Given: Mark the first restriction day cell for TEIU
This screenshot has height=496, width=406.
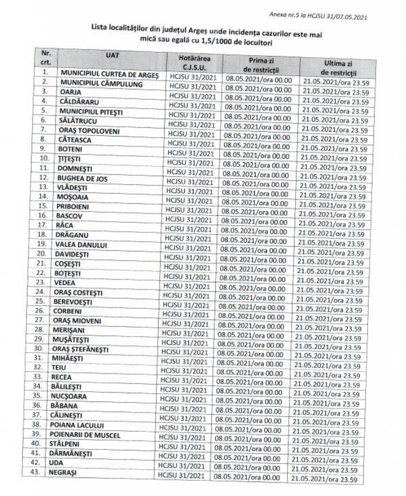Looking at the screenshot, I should [x=251, y=372].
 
